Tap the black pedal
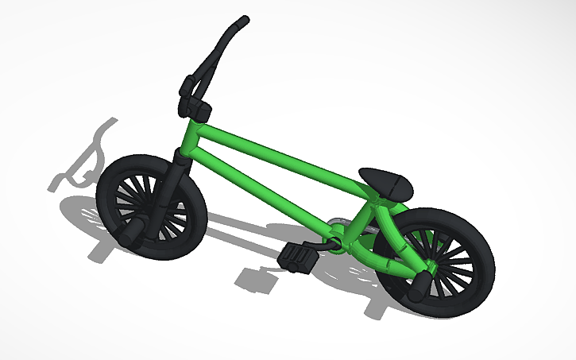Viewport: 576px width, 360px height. point(296,257)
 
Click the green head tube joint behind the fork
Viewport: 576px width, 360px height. point(188,139)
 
